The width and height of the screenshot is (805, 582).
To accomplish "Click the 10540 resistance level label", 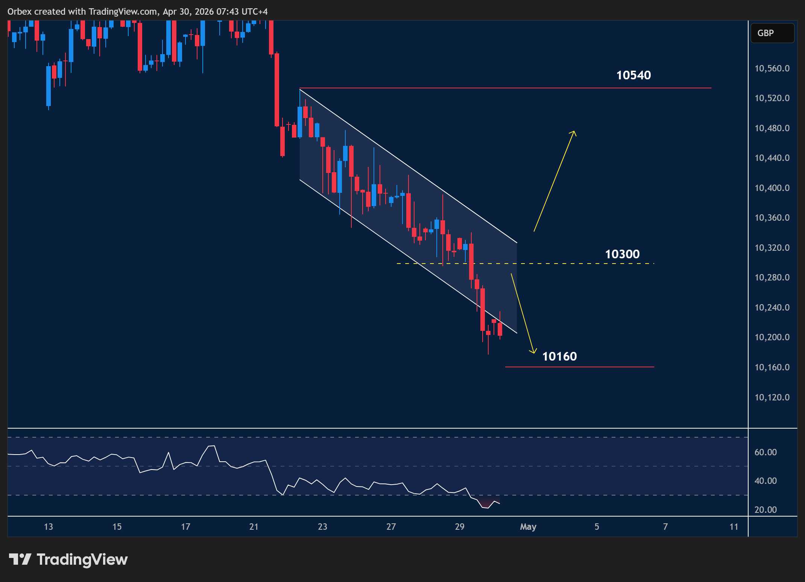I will tap(633, 75).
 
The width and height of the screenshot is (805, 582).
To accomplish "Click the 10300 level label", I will tap(622, 254).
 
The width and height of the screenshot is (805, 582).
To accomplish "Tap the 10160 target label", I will tap(559, 356).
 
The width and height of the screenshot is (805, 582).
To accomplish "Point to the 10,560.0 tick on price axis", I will tap(772, 68).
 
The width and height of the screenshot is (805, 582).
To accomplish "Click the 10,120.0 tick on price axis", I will tap(772, 397).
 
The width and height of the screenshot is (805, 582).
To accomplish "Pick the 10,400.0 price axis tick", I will tap(772, 188).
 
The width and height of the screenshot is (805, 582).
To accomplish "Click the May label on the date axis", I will tap(528, 527).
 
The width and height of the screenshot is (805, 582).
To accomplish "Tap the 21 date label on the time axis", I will tap(254, 527).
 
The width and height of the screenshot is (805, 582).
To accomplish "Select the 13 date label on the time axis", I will tap(49, 527).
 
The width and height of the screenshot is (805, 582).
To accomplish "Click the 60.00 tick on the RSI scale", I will tap(766, 452).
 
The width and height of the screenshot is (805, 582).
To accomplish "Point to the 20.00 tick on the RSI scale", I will tap(766, 510).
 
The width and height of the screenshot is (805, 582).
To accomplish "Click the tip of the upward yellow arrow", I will tap(574, 132).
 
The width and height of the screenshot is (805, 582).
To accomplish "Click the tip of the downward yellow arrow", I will tap(533, 352).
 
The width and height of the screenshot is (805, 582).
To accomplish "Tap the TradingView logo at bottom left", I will tap(68, 559).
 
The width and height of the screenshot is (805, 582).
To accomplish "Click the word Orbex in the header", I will tap(20, 12).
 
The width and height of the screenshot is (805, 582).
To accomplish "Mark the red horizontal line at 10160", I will tap(579, 367).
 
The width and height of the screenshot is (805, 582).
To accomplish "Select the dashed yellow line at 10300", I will tap(527, 264).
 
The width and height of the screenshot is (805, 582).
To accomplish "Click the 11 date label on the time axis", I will tap(734, 527).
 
